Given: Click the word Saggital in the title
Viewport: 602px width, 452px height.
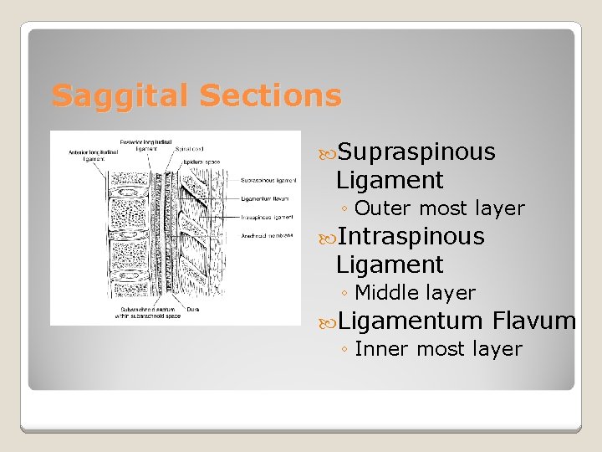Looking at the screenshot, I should click(110, 95).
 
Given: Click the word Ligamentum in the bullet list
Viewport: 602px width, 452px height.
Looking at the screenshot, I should click(411, 321).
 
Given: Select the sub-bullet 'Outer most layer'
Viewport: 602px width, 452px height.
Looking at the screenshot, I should click(440, 208).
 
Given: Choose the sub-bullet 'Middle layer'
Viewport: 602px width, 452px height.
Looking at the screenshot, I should click(415, 293).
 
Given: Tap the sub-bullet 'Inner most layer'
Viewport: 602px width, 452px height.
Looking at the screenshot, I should click(438, 349).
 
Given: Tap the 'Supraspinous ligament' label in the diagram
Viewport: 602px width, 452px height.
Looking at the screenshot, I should click(268, 180).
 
